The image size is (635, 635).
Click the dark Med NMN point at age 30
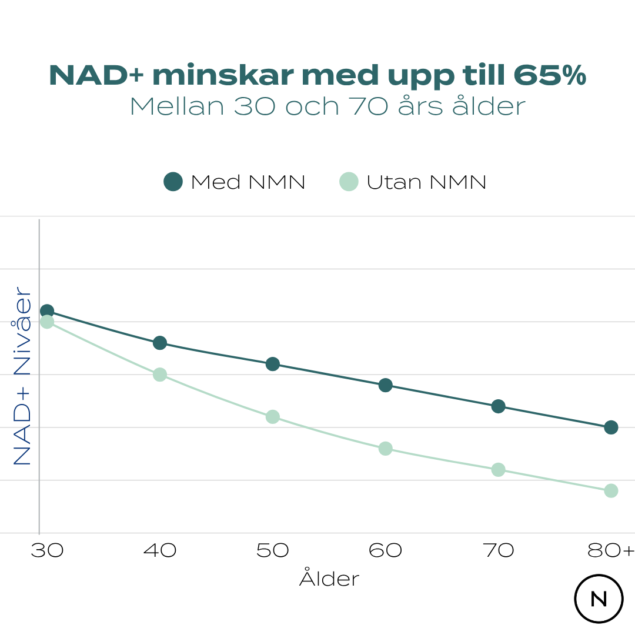click(47, 311)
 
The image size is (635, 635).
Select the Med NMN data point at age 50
click(272, 364)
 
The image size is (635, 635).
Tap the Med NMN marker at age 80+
click(611, 427)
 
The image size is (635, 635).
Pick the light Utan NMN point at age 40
click(160, 375)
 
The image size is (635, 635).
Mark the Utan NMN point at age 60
click(385, 449)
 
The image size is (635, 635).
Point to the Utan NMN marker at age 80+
click(611, 491)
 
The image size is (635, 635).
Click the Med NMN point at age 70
click(498, 406)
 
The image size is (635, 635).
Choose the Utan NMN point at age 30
click(47, 322)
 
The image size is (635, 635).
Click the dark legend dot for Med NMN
click(173, 182)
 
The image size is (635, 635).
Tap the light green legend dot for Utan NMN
click(349, 182)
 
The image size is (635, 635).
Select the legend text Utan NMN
click(426, 182)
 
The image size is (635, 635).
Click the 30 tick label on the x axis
click(47, 551)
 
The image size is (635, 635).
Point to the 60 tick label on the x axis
click(385, 551)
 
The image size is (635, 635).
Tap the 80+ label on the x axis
click(611, 551)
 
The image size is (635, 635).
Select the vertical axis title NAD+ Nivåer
click(22, 376)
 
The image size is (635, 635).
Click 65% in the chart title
click(549, 76)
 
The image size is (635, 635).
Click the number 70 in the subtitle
click(369, 106)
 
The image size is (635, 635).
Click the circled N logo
click(599, 599)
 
